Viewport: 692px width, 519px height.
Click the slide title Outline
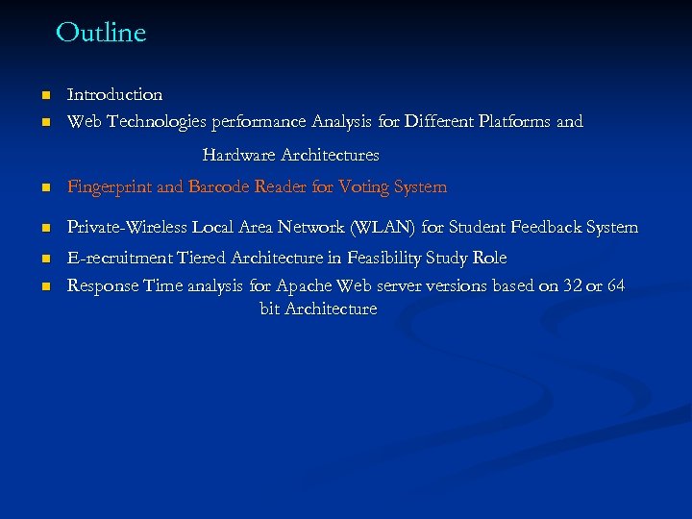point(101,33)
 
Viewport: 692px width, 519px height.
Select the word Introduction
point(114,94)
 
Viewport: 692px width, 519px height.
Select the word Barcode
point(219,186)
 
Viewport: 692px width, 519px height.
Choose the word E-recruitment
point(116,258)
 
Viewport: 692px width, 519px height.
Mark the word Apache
point(305,285)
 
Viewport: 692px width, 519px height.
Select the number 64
point(616,285)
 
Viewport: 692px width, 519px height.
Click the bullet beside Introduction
point(44,95)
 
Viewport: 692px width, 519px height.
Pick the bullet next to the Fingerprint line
point(44,188)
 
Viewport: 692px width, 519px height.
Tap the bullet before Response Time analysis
point(44,286)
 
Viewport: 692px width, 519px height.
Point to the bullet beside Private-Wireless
point(44,229)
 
